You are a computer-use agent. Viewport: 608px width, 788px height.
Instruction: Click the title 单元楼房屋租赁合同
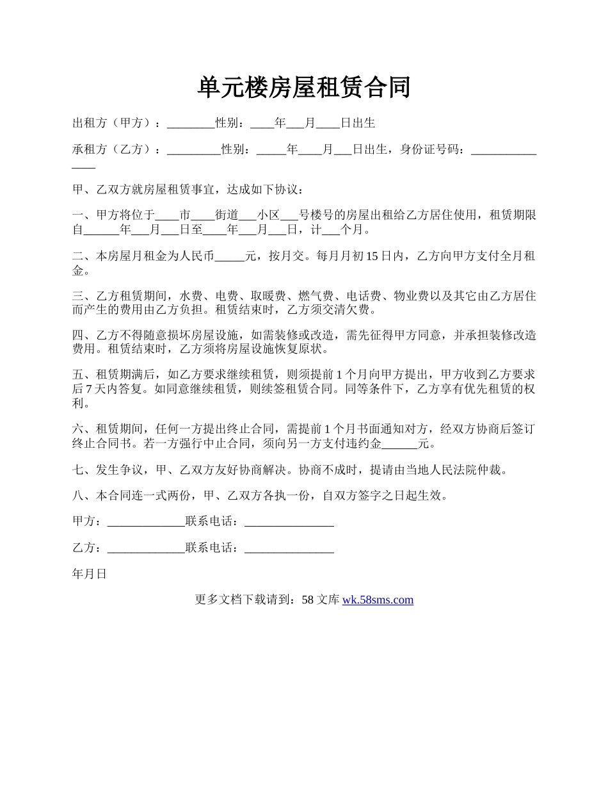303,88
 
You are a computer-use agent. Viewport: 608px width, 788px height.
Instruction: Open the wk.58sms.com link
378,600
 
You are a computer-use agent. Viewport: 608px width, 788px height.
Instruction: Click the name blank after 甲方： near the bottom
146,521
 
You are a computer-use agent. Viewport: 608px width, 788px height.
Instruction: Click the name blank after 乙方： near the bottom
146,548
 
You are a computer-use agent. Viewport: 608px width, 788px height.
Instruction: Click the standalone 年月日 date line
89,575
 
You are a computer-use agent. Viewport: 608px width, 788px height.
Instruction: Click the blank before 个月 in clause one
331,230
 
